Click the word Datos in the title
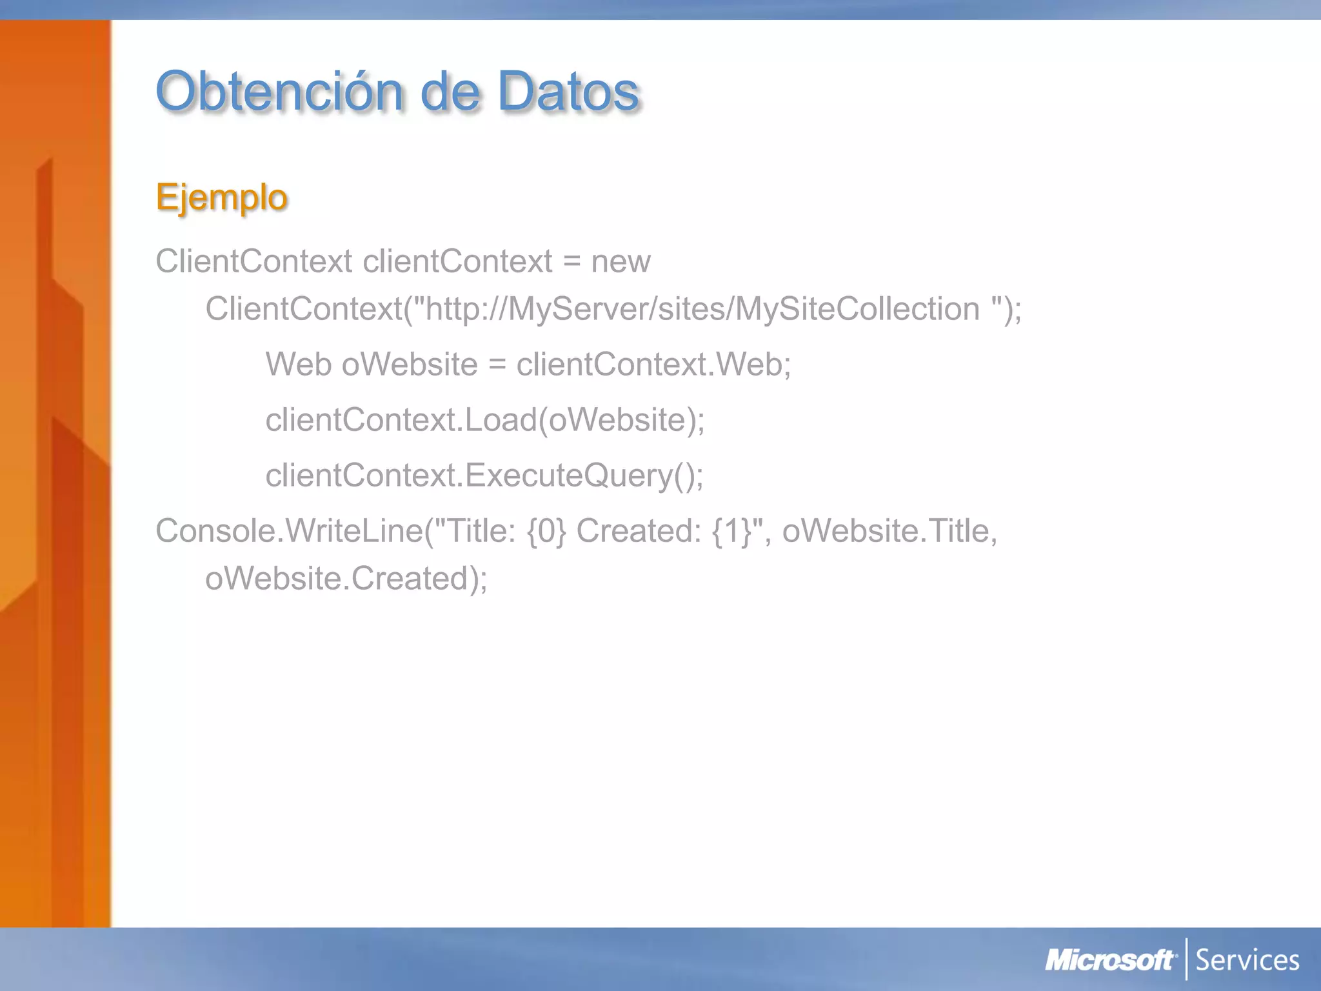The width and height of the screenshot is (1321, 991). [x=568, y=92]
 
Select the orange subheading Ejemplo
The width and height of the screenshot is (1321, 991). [x=221, y=197]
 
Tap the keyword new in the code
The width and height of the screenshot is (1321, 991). [x=621, y=262]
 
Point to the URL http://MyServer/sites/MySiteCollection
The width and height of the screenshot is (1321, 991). [x=702, y=309]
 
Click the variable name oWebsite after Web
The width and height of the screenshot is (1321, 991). [x=410, y=365]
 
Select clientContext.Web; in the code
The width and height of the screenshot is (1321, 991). [x=653, y=365]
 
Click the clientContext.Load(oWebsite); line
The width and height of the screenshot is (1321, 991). [x=485, y=420]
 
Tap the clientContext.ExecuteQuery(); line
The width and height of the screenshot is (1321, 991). [x=484, y=476]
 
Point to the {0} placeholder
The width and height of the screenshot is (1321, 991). [x=546, y=532]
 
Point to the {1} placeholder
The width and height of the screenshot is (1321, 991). [x=732, y=532]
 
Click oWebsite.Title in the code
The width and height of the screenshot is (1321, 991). [x=889, y=532]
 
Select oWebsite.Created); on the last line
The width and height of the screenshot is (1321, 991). [x=346, y=579]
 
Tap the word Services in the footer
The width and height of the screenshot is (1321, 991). [x=1247, y=961]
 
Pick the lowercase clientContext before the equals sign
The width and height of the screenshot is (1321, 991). [x=457, y=262]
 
